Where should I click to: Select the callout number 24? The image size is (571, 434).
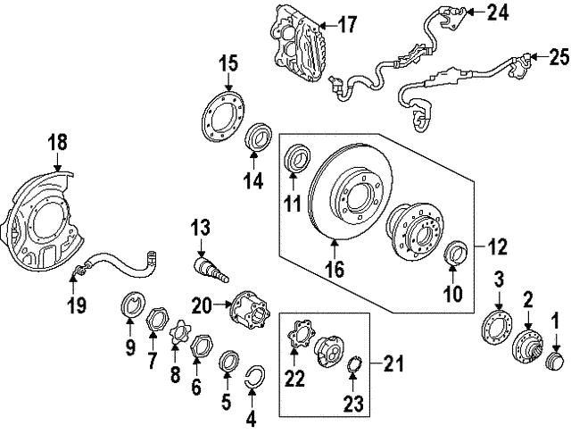pyautogui.click(x=496, y=13)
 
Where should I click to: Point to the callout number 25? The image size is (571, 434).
pyautogui.click(x=558, y=58)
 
